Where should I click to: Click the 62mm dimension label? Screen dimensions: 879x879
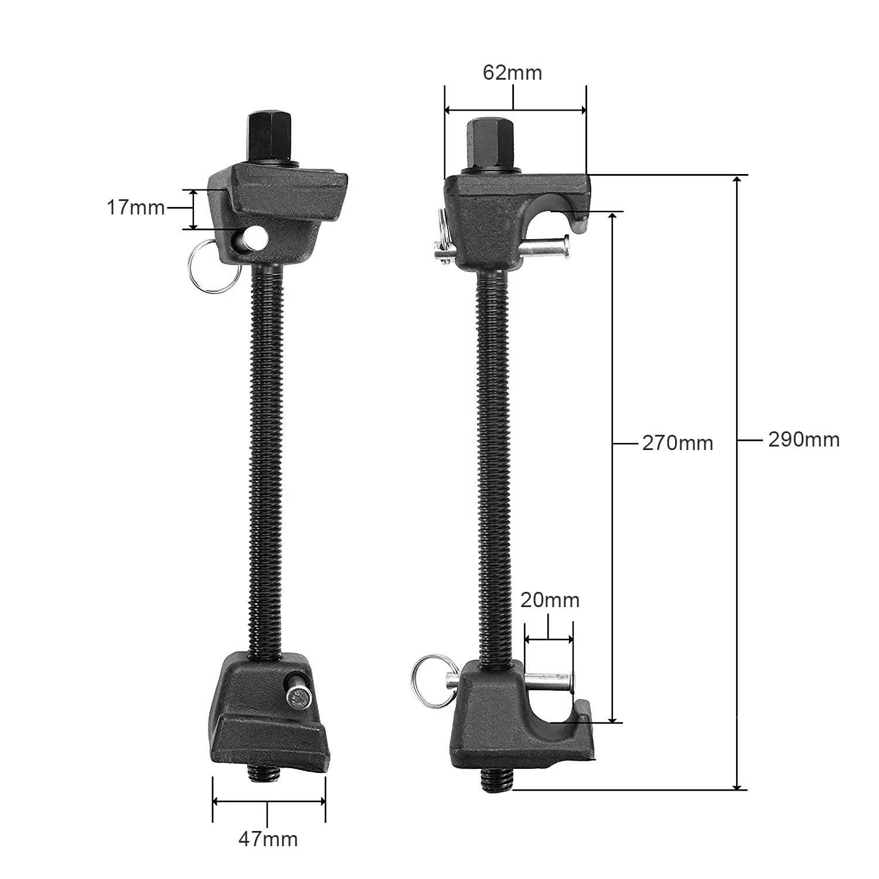point(512,73)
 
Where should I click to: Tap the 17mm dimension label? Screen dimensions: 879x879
point(135,207)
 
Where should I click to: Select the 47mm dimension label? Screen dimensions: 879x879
point(268,839)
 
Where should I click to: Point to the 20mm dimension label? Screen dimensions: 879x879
point(550,600)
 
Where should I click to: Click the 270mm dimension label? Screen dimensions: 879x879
point(677,443)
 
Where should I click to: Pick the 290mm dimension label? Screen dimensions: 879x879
point(803,439)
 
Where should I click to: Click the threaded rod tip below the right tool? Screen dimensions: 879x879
point(498,780)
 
